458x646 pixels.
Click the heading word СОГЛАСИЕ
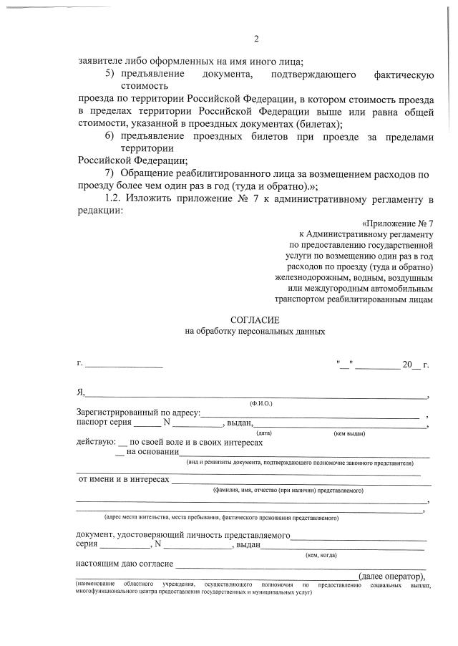tap(255, 319)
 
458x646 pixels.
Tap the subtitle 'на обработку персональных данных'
tap(255, 332)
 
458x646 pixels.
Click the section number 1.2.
tap(112, 198)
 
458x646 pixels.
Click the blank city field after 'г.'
tap(124, 366)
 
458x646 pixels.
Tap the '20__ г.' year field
tap(415, 365)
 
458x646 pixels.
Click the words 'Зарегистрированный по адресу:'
tap(138, 413)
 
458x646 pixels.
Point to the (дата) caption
tap(263, 433)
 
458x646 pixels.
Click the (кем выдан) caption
tap(349, 433)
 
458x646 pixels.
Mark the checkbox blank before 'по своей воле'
tap(123, 443)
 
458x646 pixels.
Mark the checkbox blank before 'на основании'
tap(120, 453)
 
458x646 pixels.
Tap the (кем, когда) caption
tap(321, 554)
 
